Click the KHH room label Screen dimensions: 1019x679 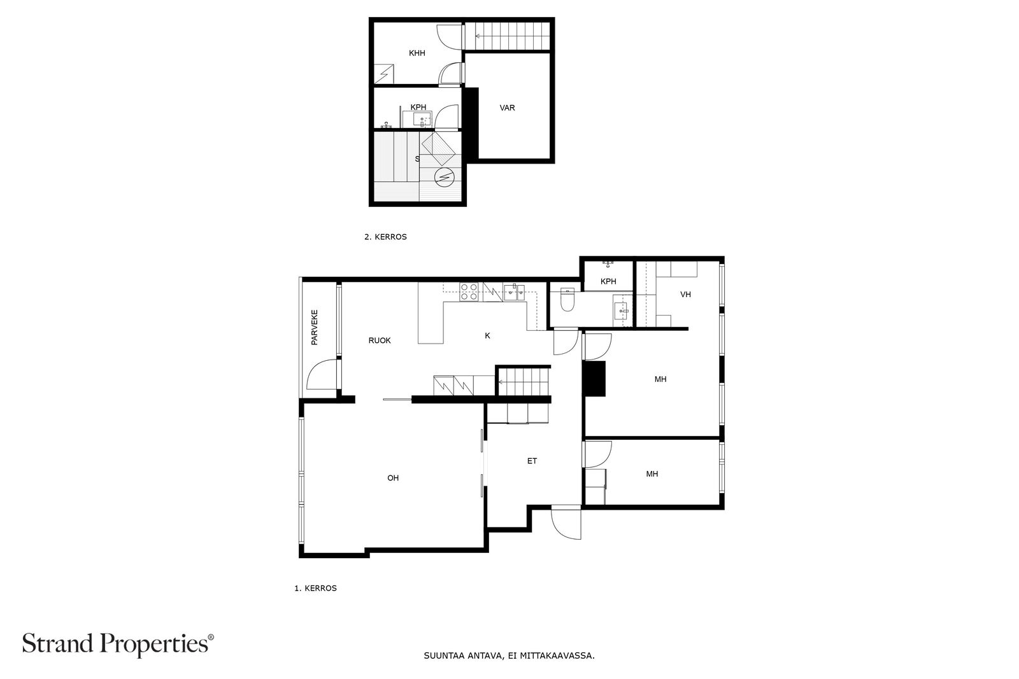pos(417,53)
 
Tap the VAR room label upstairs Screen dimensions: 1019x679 pos(507,108)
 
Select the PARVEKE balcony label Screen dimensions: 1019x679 pos(315,327)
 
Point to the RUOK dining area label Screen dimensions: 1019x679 pos(380,340)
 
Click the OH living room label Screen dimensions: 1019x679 pos(393,478)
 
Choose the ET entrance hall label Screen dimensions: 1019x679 pos(532,461)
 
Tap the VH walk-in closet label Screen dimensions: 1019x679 pos(685,295)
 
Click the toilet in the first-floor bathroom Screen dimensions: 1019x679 pos(567,300)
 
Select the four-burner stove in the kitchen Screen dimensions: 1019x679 pos(469,292)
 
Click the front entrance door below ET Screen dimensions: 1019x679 pos(566,522)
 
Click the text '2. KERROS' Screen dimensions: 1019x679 pos(385,237)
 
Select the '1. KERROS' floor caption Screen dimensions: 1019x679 pos(316,588)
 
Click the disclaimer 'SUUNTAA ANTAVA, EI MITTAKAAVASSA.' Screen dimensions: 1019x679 pos(509,656)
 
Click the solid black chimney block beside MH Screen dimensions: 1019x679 pos(595,379)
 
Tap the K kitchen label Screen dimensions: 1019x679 pos(488,336)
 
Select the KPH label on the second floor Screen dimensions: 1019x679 pos(418,108)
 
